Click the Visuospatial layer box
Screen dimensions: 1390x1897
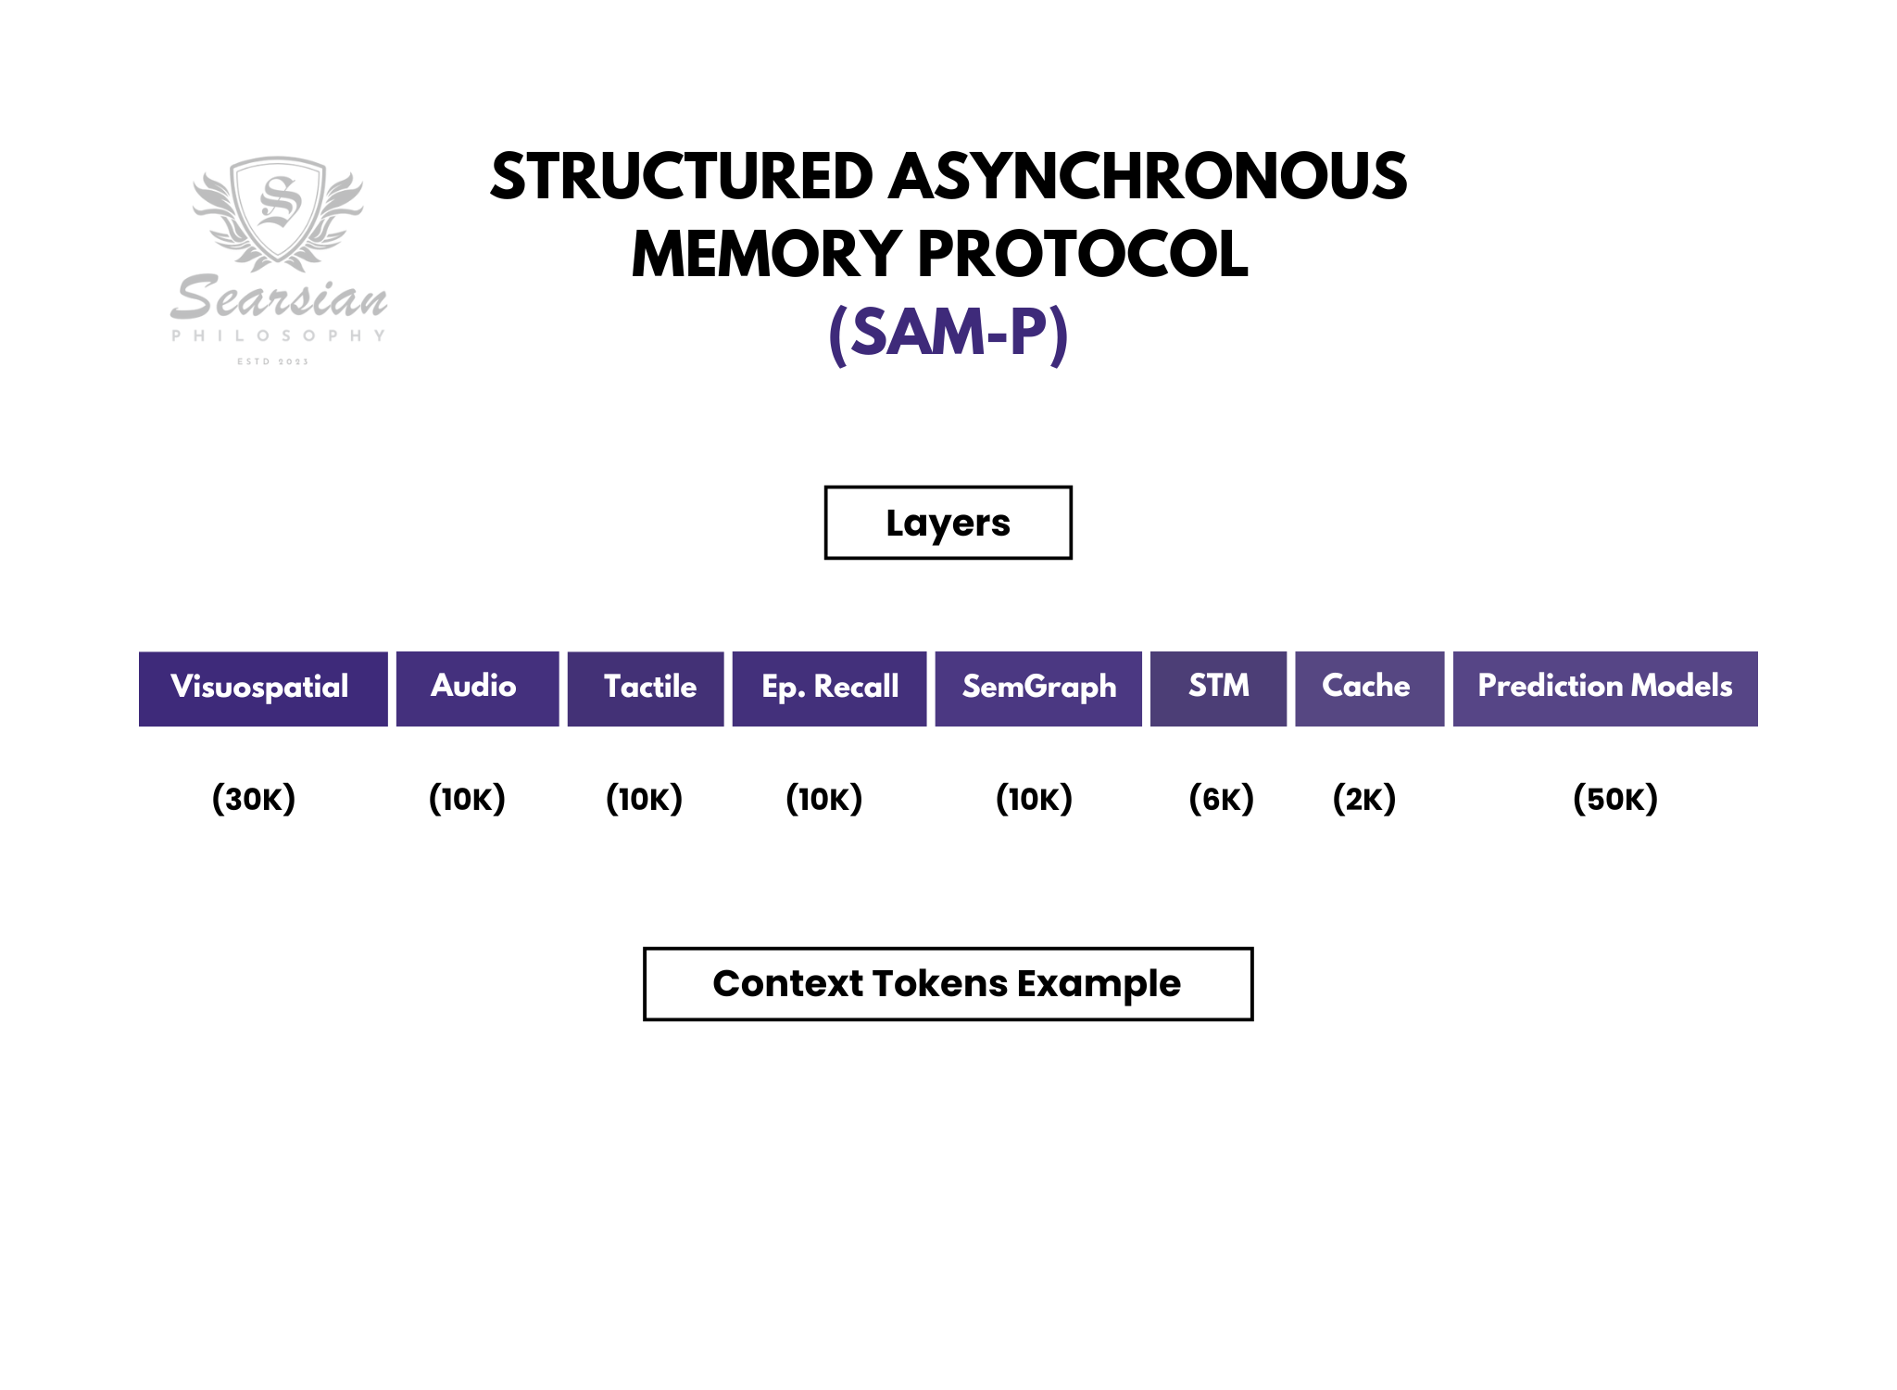point(263,689)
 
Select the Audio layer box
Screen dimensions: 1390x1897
point(477,689)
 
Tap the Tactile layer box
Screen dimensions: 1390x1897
point(646,689)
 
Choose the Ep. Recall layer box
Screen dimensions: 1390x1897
point(829,689)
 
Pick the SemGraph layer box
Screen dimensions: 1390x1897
point(1038,689)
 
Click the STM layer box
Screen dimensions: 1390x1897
point(1218,689)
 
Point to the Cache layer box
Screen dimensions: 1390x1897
point(1369,689)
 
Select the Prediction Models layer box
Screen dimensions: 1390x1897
point(1604,689)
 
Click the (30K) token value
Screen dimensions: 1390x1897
point(254,798)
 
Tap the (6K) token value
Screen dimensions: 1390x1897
point(1221,798)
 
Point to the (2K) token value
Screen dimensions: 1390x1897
point(1364,798)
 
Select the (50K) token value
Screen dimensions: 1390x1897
point(1615,798)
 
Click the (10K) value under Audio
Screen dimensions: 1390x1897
point(467,798)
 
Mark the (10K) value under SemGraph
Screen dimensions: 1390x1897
point(1034,798)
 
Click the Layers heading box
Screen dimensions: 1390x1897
point(948,523)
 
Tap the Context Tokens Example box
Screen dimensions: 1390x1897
point(948,983)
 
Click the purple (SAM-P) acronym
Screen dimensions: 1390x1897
point(948,333)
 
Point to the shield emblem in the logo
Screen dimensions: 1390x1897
point(278,208)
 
